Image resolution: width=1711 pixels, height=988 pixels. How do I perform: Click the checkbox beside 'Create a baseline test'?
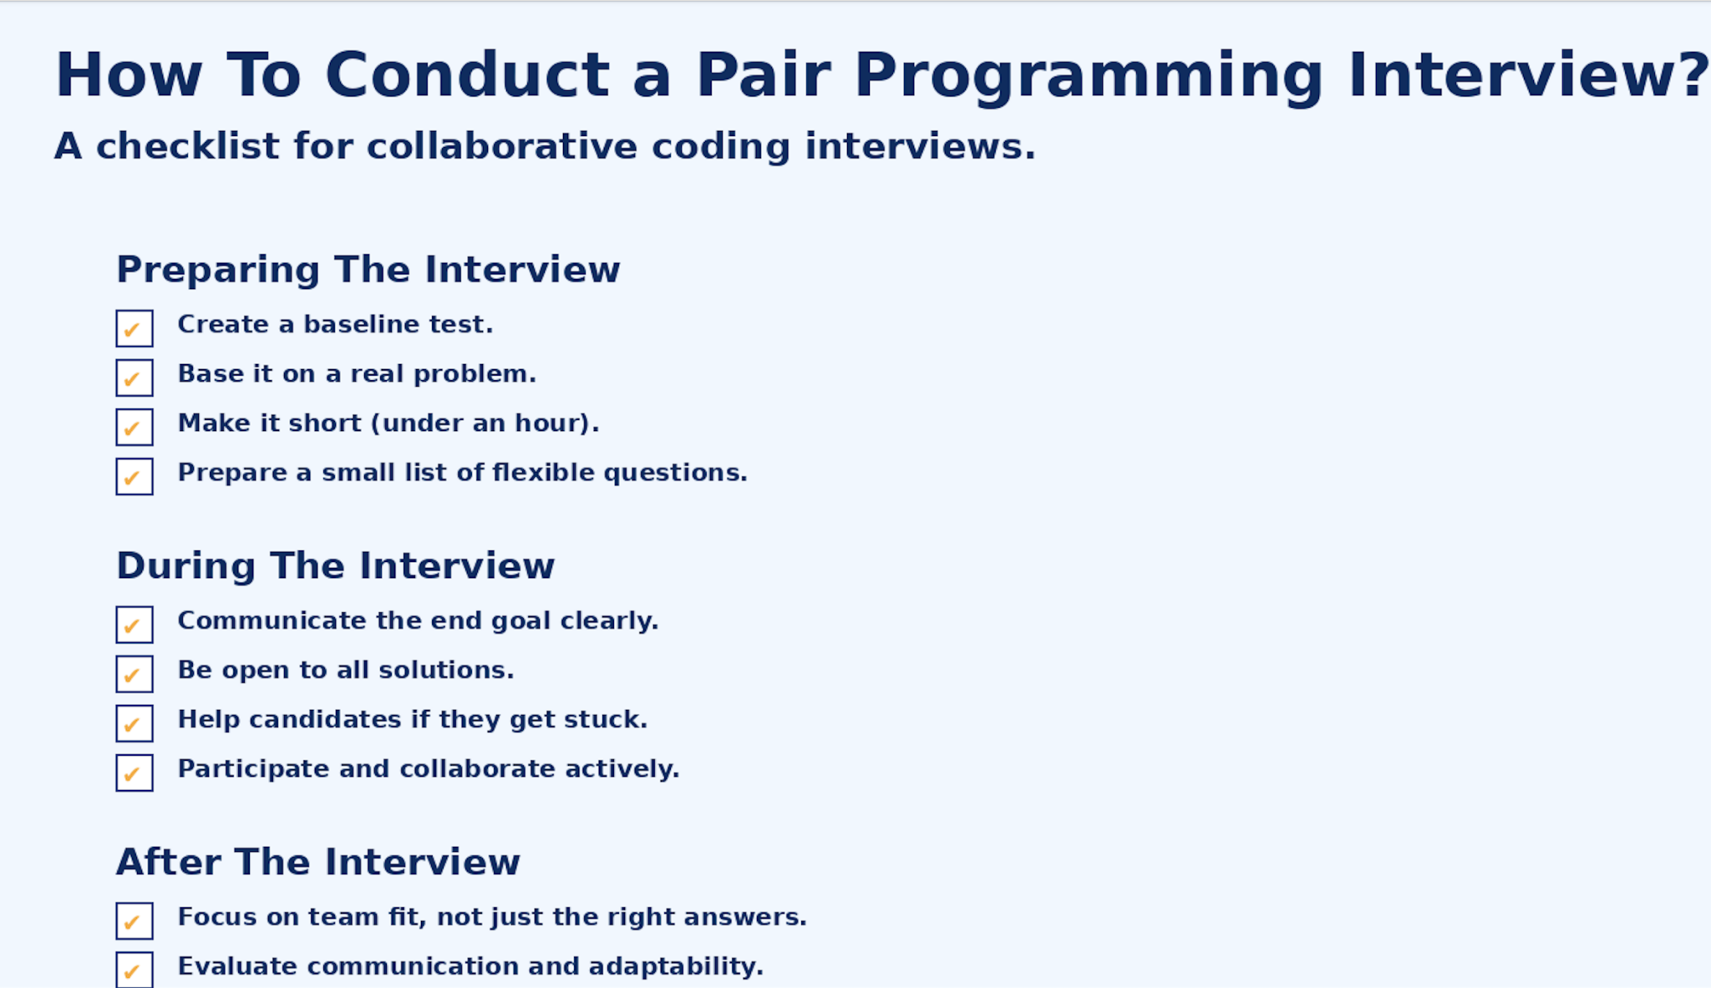[x=135, y=328]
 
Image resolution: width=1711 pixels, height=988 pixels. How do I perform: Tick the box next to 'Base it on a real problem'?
[x=135, y=377]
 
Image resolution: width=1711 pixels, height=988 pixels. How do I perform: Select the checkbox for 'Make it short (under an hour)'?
[x=135, y=427]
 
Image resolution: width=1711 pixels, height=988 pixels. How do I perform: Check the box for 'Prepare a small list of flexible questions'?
[x=135, y=476]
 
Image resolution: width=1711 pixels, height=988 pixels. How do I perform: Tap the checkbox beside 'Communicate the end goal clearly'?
[x=135, y=625]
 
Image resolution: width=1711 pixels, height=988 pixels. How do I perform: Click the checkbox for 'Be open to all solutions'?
[x=135, y=674]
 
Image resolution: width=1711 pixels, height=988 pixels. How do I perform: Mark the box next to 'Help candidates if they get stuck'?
[x=135, y=723]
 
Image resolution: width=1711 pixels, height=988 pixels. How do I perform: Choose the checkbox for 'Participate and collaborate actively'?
[x=135, y=773]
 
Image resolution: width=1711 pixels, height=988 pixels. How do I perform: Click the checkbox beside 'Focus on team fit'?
[x=135, y=920]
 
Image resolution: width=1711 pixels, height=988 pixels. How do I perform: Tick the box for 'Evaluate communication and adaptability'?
[x=135, y=969]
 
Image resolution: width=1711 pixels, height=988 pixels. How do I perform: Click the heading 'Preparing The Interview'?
[x=368, y=270]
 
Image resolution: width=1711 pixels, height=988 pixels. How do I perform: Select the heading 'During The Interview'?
[x=335, y=566]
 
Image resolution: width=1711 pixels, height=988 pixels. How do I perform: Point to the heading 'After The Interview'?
[x=317, y=862]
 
